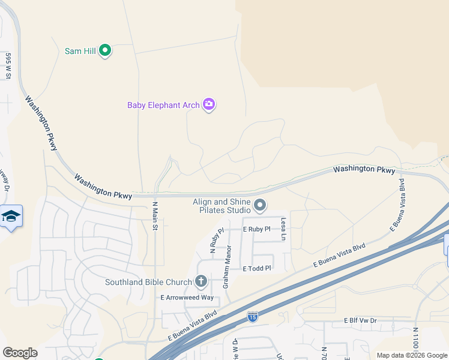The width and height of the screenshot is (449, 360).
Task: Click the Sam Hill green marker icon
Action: [x=105, y=51]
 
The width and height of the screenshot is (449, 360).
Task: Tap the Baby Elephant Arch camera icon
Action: [x=209, y=105]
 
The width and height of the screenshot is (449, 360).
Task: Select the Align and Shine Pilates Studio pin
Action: [x=260, y=206]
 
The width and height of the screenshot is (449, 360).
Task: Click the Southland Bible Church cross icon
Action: [x=201, y=281]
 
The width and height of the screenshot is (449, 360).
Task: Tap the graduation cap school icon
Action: [x=11, y=216]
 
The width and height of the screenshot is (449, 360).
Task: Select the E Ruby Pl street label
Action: [x=257, y=229]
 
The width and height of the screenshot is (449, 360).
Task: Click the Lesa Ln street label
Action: [x=283, y=229]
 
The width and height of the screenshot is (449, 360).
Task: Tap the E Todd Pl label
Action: [x=257, y=269]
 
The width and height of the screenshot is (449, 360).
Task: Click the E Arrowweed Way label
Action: [x=187, y=298]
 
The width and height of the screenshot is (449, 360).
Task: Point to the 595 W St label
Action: [x=8, y=67]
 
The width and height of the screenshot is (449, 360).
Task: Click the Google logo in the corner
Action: [x=20, y=353]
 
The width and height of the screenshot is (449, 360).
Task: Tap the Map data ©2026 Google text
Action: [x=412, y=355]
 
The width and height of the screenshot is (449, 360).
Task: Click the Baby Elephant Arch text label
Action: [x=163, y=105]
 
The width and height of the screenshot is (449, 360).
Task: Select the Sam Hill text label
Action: [x=80, y=51]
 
